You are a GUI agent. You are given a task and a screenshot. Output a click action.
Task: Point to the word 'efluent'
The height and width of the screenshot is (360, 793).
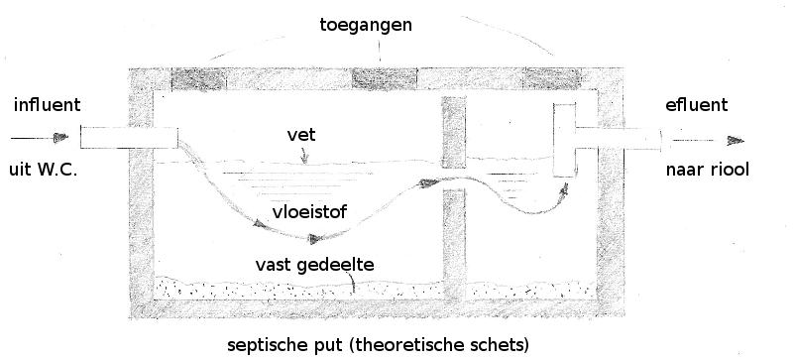tap(697, 104)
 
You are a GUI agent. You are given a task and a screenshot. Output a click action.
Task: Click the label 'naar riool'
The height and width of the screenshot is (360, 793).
tap(708, 170)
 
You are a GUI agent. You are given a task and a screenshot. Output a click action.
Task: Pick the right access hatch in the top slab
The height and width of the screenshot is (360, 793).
tap(553, 76)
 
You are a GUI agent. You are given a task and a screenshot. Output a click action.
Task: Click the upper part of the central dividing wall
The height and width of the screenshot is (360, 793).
tap(454, 129)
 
